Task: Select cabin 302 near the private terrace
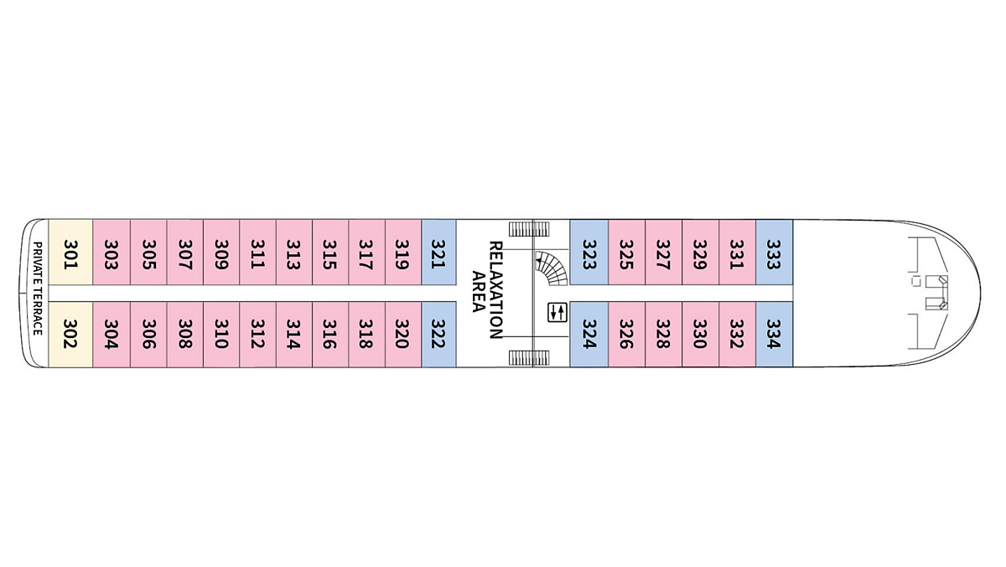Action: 70,333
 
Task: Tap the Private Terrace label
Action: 38,289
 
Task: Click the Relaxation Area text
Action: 487,289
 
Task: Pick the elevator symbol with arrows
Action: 557,312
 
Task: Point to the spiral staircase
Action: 551,269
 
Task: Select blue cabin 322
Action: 438,333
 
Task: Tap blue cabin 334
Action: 774,333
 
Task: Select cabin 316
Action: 329,333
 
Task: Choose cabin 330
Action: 700,333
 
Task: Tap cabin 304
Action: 110,333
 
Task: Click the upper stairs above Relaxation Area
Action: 529,227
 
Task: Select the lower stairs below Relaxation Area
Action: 529,358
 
